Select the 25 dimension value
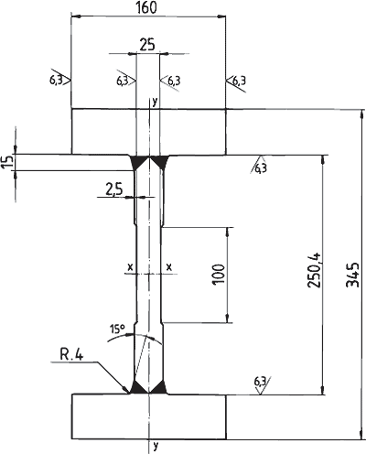coord(147,45)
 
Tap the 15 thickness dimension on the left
coord(10,161)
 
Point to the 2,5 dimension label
coord(113,189)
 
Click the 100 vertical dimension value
coord(219,275)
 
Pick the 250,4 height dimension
coord(315,270)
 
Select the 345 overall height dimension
coord(353,275)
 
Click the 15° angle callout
coord(117,329)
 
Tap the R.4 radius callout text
coord(71,355)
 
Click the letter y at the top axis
coord(156,102)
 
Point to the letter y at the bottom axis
coord(156,447)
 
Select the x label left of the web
coord(130,267)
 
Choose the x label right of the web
coord(169,267)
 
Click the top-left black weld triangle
coord(138,162)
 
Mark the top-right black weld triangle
coord(160,162)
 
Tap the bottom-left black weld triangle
coord(139,388)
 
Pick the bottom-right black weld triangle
coord(159,388)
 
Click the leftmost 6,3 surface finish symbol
coord(59,80)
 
